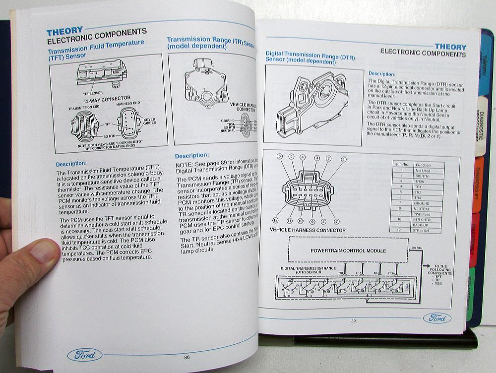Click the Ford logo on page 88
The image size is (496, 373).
(x=85, y=355)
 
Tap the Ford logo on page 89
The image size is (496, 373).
(x=437, y=318)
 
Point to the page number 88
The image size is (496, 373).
(x=186, y=358)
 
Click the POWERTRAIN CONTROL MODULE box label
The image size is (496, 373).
(x=348, y=250)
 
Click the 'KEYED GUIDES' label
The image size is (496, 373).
(x=149, y=122)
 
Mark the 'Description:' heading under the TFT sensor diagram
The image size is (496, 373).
(x=71, y=164)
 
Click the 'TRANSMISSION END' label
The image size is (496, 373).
(x=82, y=107)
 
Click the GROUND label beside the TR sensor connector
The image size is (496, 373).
(x=228, y=121)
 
